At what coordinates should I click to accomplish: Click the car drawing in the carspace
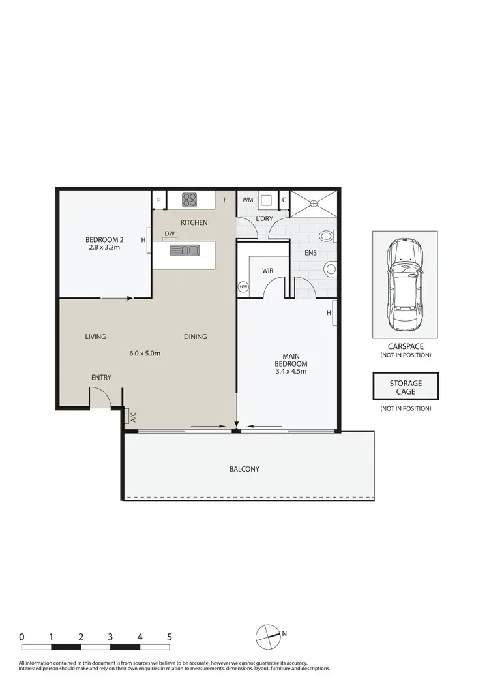[405, 284]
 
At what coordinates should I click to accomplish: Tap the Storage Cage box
[405, 387]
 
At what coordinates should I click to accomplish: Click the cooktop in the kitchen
[190, 200]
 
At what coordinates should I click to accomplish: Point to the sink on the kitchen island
[185, 250]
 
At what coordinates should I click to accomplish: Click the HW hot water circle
[244, 287]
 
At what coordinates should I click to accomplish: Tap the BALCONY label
[244, 469]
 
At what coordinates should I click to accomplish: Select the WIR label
[267, 269]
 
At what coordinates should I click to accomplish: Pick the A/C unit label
[132, 416]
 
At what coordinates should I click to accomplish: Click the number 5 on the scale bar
[170, 637]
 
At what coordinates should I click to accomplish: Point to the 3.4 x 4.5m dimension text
[291, 372]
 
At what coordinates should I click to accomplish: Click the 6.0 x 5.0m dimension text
[145, 353]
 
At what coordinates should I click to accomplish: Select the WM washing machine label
[248, 200]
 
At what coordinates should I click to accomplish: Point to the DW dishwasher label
[170, 233]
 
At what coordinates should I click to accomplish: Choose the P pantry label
[158, 200]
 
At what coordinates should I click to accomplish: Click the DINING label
[195, 337]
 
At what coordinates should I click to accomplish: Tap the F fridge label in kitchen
[225, 200]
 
